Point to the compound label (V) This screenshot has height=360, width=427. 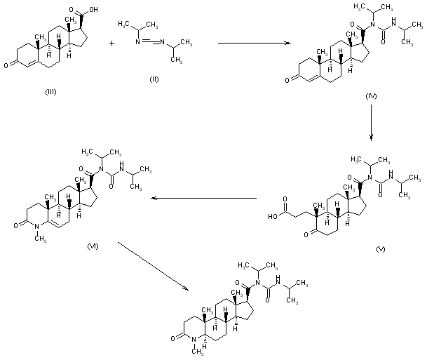(x=381, y=248)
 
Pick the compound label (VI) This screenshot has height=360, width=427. (x=92, y=244)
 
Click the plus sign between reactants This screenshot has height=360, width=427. (x=112, y=44)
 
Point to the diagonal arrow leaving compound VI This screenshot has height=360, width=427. (x=154, y=267)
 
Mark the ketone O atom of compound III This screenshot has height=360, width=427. (x=6, y=65)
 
